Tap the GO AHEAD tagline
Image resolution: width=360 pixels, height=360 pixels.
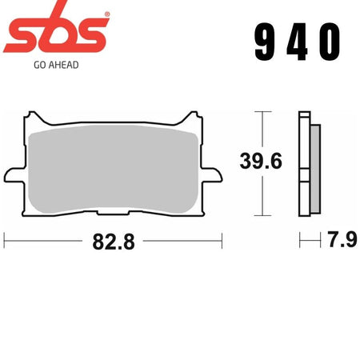[56, 65]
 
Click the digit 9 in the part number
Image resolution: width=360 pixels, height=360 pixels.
[265, 42]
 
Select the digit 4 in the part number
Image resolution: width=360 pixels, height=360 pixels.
[298, 42]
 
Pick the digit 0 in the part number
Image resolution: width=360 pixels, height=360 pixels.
[330, 42]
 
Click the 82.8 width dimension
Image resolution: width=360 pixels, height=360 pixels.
[114, 242]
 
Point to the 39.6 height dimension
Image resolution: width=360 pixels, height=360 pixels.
[261, 161]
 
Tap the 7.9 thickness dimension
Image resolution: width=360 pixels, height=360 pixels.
[342, 239]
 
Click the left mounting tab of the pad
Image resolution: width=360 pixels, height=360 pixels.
[15, 175]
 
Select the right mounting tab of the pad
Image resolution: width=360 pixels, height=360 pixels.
[211, 175]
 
